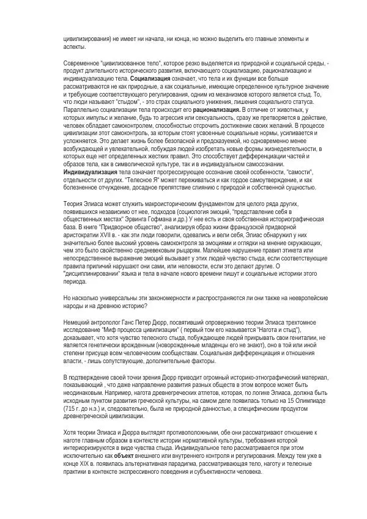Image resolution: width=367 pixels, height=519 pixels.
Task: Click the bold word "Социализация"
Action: tap(151, 79)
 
